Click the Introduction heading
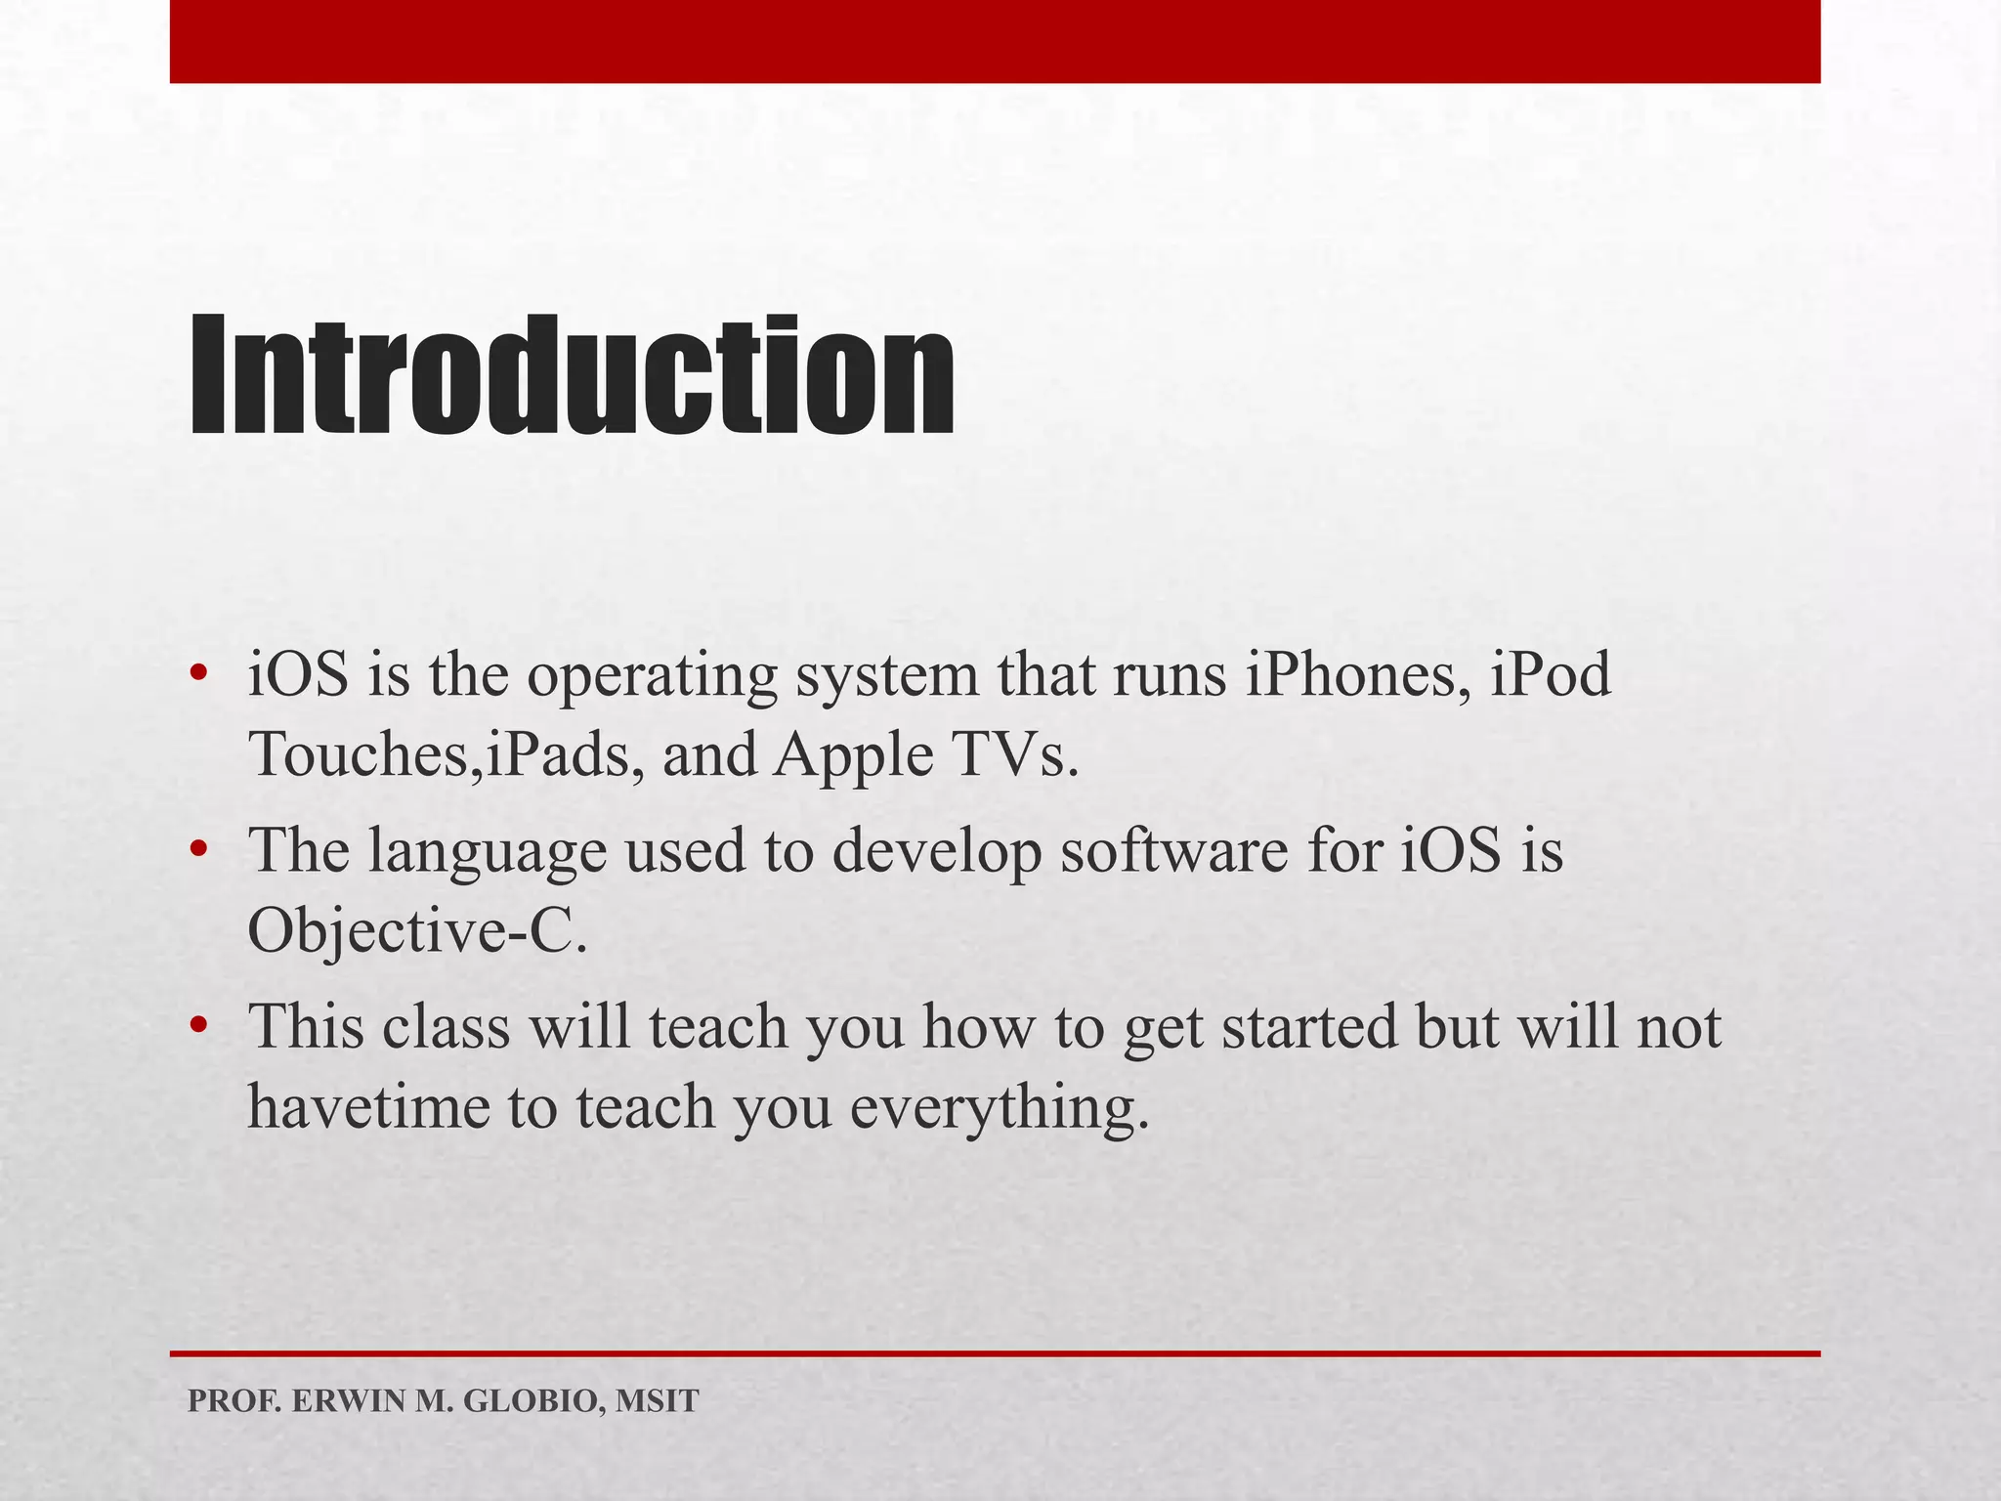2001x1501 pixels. click(572, 376)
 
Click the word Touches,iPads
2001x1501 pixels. click(440, 754)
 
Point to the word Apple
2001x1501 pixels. click(852, 756)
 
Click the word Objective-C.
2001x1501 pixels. click(418, 929)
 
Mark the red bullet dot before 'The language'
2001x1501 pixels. click(198, 848)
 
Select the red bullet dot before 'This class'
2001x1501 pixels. click(198, 1025)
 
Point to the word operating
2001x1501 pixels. click(652, 677)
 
